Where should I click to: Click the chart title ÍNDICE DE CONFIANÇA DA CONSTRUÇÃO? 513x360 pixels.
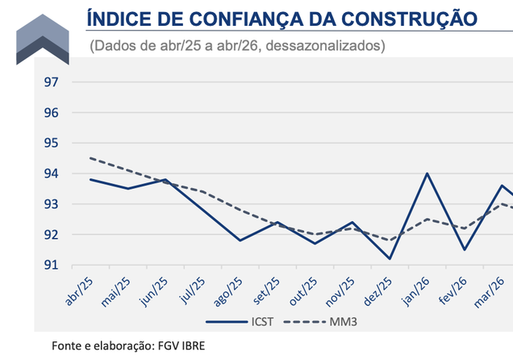click(x=281, y=17)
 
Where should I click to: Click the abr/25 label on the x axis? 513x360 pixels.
click(x=81, y=289)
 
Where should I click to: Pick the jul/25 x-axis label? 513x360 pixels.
click(x=191, y=289)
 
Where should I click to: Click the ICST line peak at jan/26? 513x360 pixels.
click(x=427, y=174)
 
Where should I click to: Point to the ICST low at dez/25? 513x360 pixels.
click(x=390, y=258)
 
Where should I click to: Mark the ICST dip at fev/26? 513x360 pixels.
click(x=464, y=249)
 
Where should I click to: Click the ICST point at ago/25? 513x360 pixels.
click(x=240, y=241)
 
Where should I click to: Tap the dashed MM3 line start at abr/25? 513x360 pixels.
click(x=90, y=158)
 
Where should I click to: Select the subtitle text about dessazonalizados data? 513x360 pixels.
click(x=239, y=46)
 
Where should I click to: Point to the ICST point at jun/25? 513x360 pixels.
click(x=165, y=179)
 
